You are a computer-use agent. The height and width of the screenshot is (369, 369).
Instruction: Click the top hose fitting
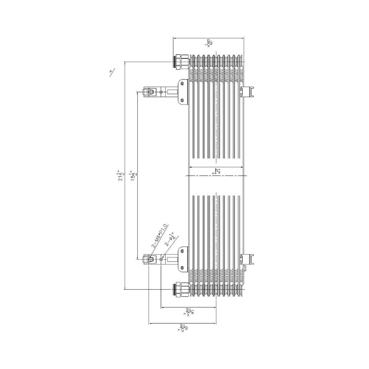(x=180, y=62)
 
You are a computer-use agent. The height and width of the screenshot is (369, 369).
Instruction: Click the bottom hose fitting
(x=180, y=289)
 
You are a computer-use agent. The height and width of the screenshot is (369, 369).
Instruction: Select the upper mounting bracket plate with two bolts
(x=182, y=92)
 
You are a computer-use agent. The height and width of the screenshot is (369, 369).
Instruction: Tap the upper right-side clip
(x=248, y=91)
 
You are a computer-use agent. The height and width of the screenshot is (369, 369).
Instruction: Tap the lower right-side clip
(x=248, y=259)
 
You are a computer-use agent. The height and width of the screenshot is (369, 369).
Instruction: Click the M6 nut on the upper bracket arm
(x=150, y=91)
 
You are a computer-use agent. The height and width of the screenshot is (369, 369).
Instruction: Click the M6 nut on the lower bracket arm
(x=150, y=259)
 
